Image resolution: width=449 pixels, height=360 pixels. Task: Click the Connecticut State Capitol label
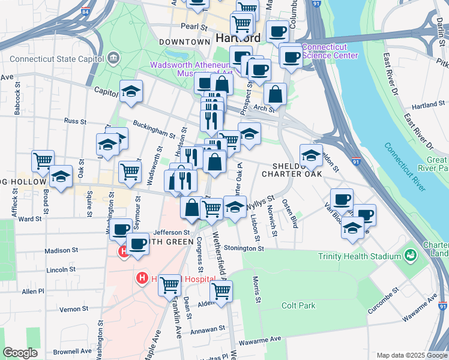point(56,59)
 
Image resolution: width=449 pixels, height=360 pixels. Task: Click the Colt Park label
point(299,305)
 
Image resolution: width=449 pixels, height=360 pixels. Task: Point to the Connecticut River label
point(405,167)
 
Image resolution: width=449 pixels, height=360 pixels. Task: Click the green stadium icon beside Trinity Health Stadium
point(411,255)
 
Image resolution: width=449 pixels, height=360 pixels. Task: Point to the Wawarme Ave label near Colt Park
point(261,340)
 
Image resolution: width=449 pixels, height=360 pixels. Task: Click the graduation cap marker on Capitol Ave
point(131,91)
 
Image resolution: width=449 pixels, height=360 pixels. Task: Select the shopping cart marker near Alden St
point(221,291)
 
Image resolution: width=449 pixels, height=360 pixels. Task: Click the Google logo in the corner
point(20,353)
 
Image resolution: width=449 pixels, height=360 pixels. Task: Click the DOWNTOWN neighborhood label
point(185,42)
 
